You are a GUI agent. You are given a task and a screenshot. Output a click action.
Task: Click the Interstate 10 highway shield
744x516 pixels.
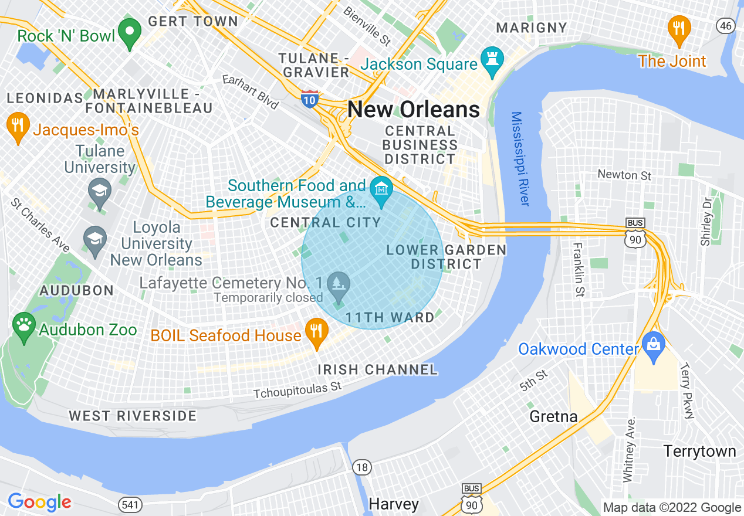310,99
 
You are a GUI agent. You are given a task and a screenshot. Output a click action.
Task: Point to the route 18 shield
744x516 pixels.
362,467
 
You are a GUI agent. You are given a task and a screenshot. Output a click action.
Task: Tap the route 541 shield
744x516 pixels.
128,504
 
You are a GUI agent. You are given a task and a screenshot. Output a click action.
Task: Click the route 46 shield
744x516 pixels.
726,25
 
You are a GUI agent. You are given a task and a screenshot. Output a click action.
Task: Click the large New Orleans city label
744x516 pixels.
414,110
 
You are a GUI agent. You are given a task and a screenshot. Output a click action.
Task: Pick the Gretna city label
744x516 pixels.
553,417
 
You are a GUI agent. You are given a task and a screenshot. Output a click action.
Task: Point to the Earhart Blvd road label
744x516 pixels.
250,92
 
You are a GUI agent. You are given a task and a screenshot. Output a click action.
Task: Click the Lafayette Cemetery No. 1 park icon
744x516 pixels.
338,285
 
